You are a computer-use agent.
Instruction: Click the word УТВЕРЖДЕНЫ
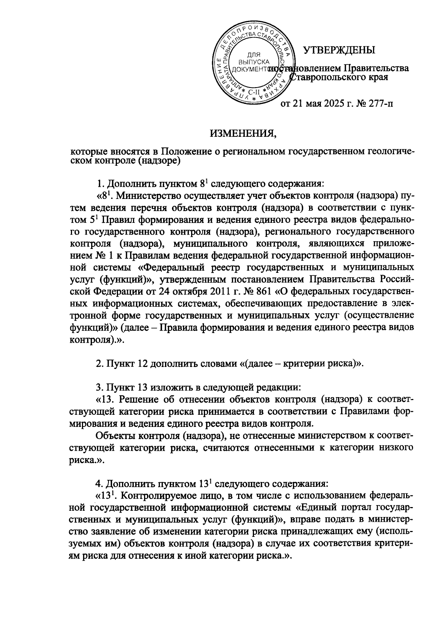pyautogui.click(x=339, y=50)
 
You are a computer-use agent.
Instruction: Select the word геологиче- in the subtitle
pyautogui.click(x=390, y=151)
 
